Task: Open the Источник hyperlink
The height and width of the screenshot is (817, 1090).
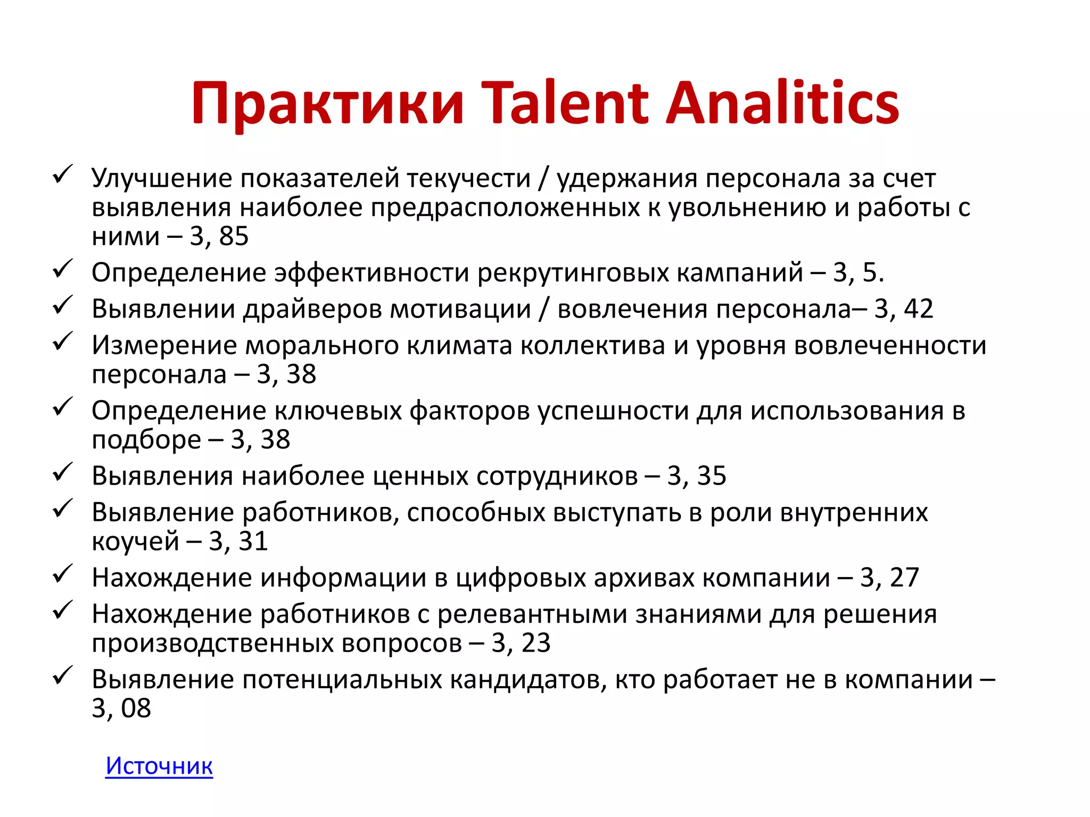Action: [x=159, y=766]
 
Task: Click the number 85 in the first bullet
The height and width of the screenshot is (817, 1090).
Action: [x=234, y=236]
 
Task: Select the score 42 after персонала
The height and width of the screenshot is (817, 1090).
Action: [x=919, y=309]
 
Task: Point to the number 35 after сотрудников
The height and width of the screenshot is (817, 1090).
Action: [x=712, y=476]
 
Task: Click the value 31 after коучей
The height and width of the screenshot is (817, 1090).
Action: [x=253, y=541]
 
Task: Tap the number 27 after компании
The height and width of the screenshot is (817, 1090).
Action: [x=904, y=578]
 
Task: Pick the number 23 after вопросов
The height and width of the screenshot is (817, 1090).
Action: [x=536, y=643]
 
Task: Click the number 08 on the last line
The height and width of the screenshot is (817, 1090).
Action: [x=136, y=708]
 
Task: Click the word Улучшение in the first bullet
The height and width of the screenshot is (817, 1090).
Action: [x=162, y=179]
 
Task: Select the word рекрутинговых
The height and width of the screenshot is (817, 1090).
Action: [x=573, y=273]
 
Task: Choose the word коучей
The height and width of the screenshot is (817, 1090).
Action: [x=135, y=541]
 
